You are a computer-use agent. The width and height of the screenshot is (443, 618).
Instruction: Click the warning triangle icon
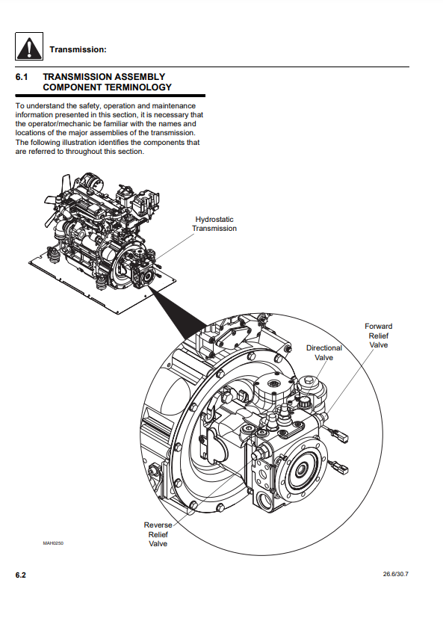coord(29,46)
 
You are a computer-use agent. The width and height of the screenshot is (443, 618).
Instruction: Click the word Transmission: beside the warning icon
coord(78,49)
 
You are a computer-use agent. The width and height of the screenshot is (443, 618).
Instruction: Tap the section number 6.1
coord(22,77)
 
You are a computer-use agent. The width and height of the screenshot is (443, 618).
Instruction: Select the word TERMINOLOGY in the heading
coord(133,87)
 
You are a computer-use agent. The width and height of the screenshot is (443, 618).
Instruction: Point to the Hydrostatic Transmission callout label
coord(214,224)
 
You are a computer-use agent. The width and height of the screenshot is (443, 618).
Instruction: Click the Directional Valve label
coord(324,353)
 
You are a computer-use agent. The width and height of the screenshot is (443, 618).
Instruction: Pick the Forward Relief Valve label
coord(378,336)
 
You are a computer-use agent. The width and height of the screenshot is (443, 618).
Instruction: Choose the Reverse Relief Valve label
coord(158,534)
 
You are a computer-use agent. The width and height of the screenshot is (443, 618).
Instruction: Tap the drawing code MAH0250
coord(53,543)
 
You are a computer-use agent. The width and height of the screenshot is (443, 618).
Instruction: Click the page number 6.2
coord(21,575)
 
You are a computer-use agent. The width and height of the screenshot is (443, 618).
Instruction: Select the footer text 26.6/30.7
coord(396,574)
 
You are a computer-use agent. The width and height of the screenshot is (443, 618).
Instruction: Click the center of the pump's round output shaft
coord(302,469)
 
